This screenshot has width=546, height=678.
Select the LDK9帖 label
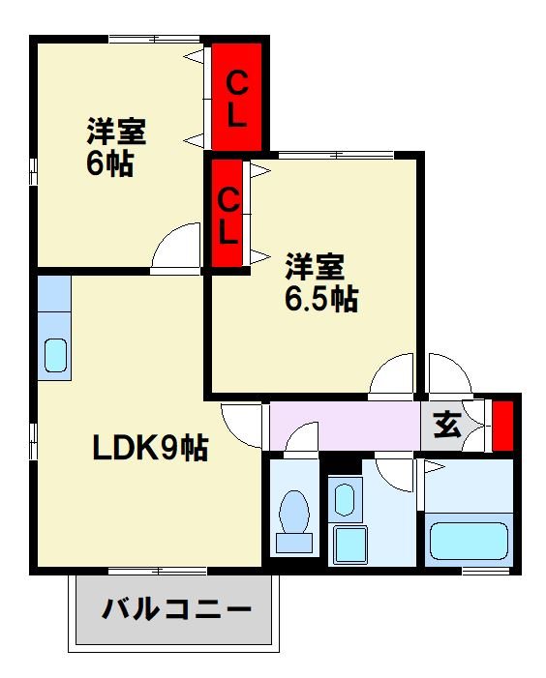coord(150,448)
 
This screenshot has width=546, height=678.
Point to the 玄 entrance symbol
coord(446,425)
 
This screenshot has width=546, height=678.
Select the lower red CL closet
coord(227,215)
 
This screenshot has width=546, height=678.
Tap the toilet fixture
coord(292,513)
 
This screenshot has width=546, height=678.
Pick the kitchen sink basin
coord(55,357)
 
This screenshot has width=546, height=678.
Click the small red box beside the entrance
coord(501,424)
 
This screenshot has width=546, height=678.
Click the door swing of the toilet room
coord(302,437)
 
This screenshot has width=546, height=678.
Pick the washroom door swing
coord(394,472)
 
